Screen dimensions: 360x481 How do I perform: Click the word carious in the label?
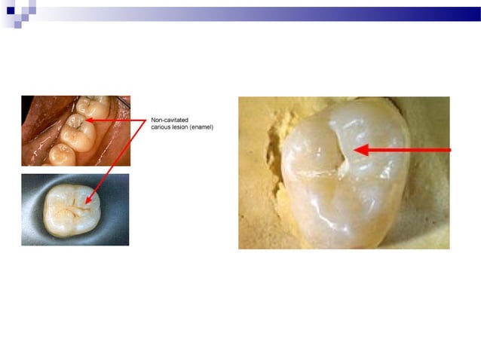[x=162, y=127]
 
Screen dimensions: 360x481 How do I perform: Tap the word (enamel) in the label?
[x=204, y=127]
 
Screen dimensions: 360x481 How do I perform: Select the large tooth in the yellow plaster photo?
[x=343, y=181]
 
